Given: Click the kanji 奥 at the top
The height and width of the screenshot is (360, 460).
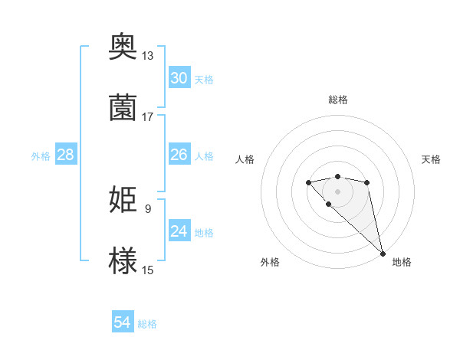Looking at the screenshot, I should coord(123,47).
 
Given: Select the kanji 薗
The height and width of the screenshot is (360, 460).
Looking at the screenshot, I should coord(123,107).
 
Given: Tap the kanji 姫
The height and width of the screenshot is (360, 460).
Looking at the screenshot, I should coord(123,200).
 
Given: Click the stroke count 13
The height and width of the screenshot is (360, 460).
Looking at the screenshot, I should coord(148,56).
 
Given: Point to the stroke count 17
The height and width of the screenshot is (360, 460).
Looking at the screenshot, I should coord(148,116).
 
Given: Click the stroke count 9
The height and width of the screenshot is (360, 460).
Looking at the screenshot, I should coord(147,208).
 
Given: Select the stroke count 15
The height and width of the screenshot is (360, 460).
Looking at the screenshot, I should coord(148,270).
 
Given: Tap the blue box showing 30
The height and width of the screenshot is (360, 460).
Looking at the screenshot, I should coord(179,78).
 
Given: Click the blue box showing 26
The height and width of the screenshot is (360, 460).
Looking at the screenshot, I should coord(179,155).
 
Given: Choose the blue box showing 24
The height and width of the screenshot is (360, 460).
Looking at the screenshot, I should coord(179,231).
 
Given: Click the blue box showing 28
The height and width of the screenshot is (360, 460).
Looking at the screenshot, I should coord(66,155).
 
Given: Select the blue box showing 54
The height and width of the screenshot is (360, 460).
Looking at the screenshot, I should coord(123,323).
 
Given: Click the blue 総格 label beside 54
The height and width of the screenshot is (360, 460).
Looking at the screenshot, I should coord(147,324).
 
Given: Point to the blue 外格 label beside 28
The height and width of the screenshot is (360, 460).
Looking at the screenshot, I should coord(41,155).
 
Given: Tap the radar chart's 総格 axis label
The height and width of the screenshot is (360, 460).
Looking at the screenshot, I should coord(337,100).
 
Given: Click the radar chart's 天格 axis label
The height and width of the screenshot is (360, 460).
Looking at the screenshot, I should coord(432,159).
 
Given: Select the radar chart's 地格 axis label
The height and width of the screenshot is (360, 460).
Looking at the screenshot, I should coord(402,262).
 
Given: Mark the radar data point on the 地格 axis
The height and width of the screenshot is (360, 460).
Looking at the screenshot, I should coord(383,254).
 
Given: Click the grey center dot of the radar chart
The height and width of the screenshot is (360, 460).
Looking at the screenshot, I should coord(337,191).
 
